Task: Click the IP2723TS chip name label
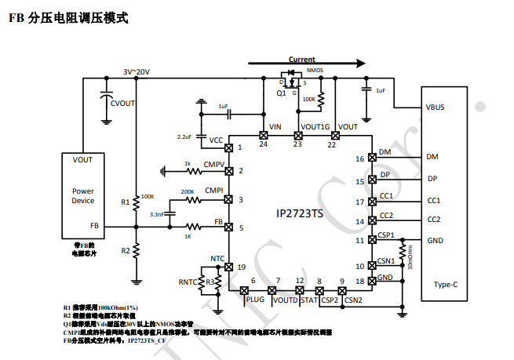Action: (x=298, y=213)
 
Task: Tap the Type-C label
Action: (x=446, y=285)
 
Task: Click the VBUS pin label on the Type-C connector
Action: (x=435, y=107)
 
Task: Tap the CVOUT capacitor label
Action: (x=123, y=102)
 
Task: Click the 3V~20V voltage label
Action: (x=136, y=71)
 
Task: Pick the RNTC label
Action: (x=188, y=282)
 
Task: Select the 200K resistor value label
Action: (x=188, y=191)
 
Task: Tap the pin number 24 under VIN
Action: (x=263, y=144)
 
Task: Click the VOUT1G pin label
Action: (x=315, y=126)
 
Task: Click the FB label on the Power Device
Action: (x=94, y=226)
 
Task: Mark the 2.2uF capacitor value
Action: (x=184, y=136)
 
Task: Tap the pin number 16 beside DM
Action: (x=360, y=159)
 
